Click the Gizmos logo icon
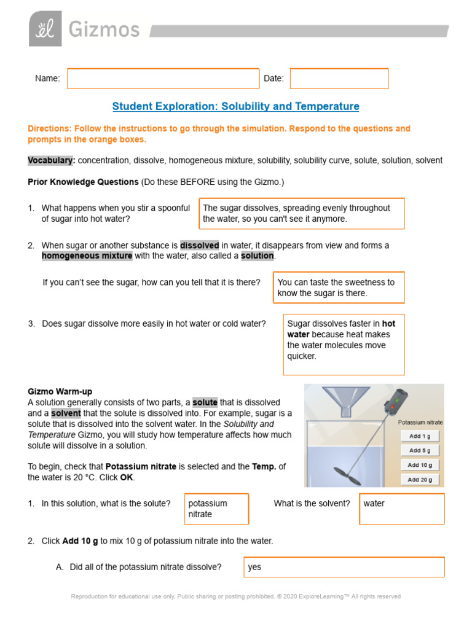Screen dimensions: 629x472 [45, 29]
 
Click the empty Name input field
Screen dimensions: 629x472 [163, 79]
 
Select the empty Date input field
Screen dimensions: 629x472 [339, 79]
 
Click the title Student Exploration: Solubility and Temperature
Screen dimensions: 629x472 [235, 106]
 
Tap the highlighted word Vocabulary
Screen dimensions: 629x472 [51, 160]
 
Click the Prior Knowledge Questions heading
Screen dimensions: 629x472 [83, 182]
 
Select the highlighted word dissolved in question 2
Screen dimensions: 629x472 [199, 245]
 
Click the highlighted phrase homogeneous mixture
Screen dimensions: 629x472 [87, 256]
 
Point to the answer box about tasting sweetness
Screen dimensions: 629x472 [339, 287]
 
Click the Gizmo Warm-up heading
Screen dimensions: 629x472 [60, 391]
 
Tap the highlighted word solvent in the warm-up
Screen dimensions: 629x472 [65, 413]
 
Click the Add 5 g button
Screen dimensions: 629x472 [420, 450]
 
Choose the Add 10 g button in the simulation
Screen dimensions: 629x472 [420, 465]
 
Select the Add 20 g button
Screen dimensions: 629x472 [420, 480]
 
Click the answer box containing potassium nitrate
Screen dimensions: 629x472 [216, 509]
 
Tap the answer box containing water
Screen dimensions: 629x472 [401, 509]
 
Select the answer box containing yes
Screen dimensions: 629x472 [344, 567]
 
